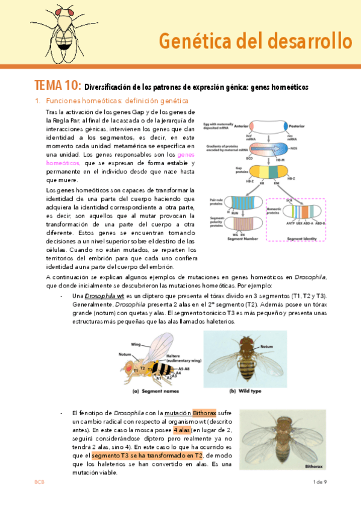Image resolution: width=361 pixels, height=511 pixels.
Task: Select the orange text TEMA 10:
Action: pyautogui.click(x=57, y=86)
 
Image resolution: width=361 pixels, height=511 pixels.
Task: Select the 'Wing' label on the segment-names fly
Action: pyautogui.click(x=136, y=345)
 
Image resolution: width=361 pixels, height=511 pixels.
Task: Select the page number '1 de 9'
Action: pyautogui.click(x=319, y=482)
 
